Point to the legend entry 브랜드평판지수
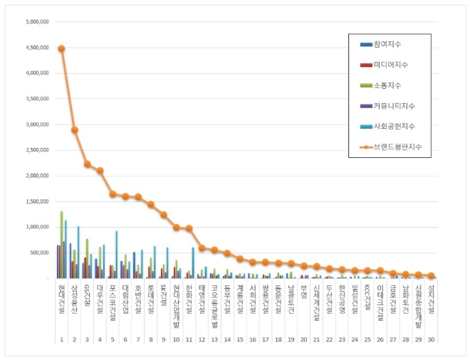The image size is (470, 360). coord(395,147)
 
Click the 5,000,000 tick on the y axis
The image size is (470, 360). coord(37,21)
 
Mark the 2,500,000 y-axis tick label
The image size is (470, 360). coord(37,150)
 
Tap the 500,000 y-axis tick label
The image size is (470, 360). coord(39,253)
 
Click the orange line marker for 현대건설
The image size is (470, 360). coord(61,48)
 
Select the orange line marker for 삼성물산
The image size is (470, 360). coord(74,129)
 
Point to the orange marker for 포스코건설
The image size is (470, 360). coord(113,194)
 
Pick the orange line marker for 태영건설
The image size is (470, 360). coord(202,248)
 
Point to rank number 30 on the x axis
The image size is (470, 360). coord(431,340)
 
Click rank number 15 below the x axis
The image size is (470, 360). coord(240,340)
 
